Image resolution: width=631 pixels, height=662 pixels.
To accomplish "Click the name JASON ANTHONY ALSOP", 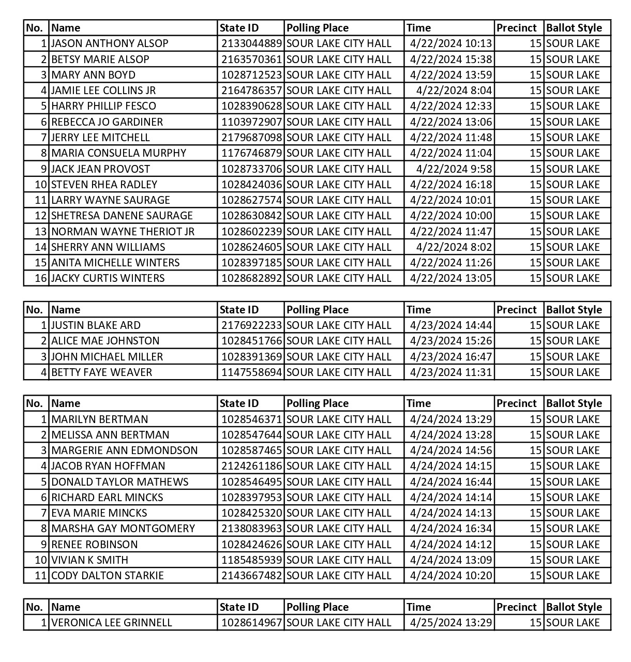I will click(110, 43).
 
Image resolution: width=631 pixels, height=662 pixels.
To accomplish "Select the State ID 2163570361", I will click(251, 59).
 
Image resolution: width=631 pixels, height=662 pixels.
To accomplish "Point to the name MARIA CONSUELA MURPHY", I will click(118, 153).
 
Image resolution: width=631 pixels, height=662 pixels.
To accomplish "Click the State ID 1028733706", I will click(251, 169).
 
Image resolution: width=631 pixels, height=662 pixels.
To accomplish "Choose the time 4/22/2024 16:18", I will click(450, 185).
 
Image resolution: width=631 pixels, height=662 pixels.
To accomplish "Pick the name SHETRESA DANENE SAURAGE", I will click(122, 216).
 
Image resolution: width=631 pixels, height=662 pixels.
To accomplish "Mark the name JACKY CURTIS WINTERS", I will click(108, 278).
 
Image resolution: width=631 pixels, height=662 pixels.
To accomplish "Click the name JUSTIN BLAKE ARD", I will click(96, 325).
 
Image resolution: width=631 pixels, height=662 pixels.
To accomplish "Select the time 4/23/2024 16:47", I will click(450, 357).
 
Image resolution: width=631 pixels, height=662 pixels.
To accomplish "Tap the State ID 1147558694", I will click(251, 372).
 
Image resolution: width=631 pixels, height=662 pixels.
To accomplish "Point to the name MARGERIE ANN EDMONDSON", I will click(124, 450).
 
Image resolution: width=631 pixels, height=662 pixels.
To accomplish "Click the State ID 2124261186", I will click(251, 466).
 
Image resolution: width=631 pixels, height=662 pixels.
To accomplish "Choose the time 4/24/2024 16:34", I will click(450, 529).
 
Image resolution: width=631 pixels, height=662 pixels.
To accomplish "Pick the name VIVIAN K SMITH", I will click(89, 560).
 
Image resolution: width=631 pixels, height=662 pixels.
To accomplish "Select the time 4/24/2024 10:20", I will click(450, 576).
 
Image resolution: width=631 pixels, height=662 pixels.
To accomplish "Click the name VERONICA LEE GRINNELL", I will click(111, 623).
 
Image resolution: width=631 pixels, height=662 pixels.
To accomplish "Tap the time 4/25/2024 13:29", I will click(450, 623).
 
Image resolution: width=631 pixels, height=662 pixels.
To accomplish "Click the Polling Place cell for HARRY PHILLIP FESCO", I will click(339, 106).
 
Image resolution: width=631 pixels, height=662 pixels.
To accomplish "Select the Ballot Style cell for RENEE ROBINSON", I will click(573, 545).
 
